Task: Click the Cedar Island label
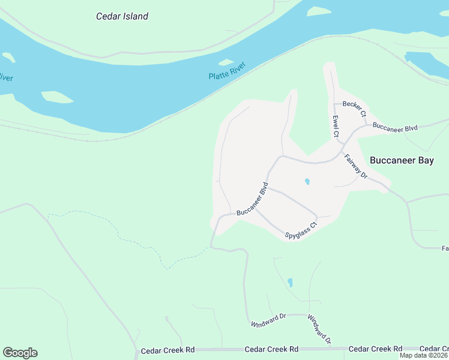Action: pyautogui.click(x=122, y=16)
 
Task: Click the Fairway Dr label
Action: pyautogui.click(x=355, y=166)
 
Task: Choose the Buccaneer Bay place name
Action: pyautogui.click(x=402, y=160)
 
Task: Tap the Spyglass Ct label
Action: pyautogui.click(x=301, y=230)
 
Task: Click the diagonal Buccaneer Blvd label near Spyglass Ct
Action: pyautogui.click(x=252, y=199)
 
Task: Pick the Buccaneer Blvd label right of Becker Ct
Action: pyautogui.click(x=394, y=126)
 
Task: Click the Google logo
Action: pyautogui.click(x=20, y=352)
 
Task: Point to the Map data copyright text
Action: pyautogui.click(x=423, y=355)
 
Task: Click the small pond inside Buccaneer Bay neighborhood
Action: pyautogui.click(x=307, y=181)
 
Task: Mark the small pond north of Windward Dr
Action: pyautogui.click(x=291, y=282)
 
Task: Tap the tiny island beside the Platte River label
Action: pyautogui.click(x=226, y=62)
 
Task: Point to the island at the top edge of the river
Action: pyautogui.click(x=319, y=11)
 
